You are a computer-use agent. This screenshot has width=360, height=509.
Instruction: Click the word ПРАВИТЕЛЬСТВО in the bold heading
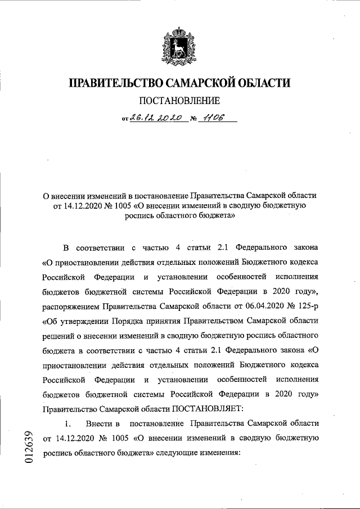115,84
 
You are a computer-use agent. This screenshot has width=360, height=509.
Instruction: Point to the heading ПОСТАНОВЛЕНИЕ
179,102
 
